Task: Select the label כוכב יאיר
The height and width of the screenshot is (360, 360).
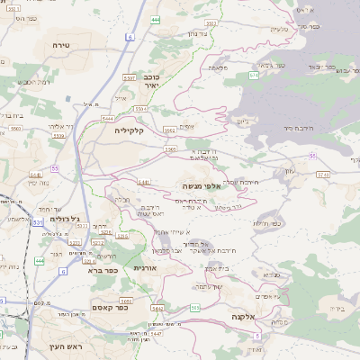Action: point(152,82)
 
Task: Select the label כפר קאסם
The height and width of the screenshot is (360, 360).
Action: point(107,308)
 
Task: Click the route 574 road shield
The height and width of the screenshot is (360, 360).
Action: point(254,76)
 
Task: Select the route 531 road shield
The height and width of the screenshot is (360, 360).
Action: point(37,220)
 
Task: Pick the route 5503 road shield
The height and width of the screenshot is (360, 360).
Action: point(171,148)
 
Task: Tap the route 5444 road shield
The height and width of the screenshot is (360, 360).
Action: point(108,118)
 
